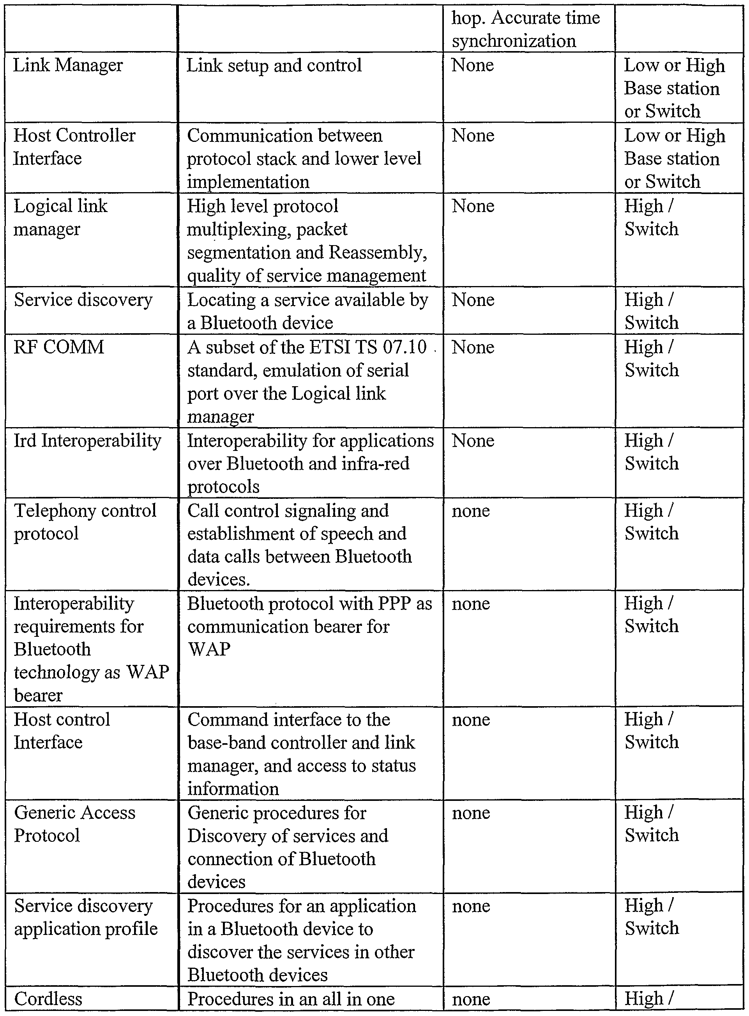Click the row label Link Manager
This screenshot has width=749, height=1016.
(x=68, y=66)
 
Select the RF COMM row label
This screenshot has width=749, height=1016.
(x=59, y=347)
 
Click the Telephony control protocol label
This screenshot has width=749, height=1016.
(x=85, y=522)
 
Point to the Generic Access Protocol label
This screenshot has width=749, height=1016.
(x=75, y=824)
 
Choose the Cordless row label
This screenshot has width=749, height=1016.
(x=48, y=999)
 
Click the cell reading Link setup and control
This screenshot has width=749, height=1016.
(x=274, y=66)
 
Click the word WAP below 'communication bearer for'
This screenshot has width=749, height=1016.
(x=209, y=649)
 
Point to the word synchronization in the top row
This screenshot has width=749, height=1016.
(x=514, y=41)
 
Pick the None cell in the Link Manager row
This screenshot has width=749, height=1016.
(x=472, y=66)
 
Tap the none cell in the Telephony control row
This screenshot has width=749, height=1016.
(x=471, y=511)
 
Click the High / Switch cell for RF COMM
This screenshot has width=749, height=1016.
(x=651, y=359)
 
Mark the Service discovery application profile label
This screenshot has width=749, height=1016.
(x=86, y=917)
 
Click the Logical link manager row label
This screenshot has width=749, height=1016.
(x=60, y=217)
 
